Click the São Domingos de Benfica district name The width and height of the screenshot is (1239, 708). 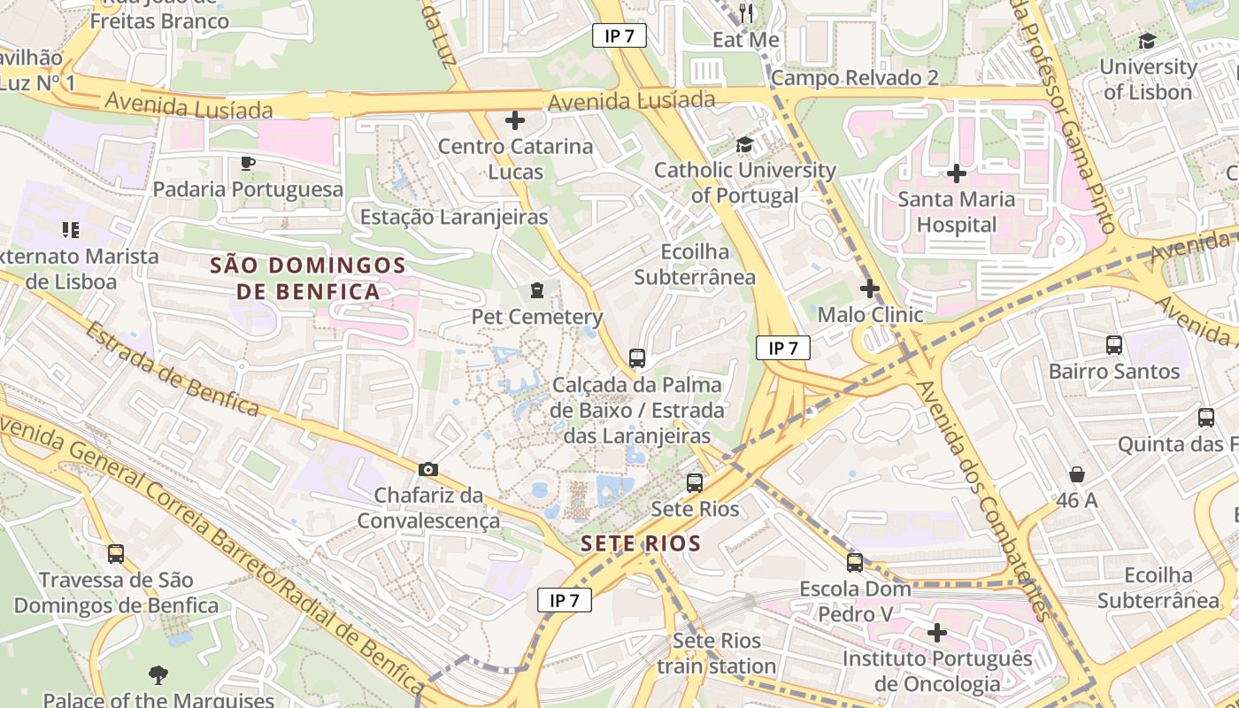tap(307, 278)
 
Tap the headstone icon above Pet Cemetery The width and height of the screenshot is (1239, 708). tap(536, 290)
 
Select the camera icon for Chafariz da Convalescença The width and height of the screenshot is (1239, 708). tap(428, 469)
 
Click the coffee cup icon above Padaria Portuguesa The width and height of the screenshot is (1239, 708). tap(248, 163)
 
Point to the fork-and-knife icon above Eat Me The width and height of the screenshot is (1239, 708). tap(746, 12)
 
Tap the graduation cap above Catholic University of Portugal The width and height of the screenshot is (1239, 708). tap(744, 144)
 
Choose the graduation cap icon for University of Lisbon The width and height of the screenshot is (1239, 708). tap(1147, 41)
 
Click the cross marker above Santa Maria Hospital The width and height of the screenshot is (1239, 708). tap(956, 173)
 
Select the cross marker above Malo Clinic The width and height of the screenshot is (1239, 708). tap(870, 289)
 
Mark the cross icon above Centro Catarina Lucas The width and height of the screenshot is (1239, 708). tap(515, 120)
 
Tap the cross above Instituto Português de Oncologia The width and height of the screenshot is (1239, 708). tap(937, 633)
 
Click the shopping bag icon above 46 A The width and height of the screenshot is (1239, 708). tap(1076, 474)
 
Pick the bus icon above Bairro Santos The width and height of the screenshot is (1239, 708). tap(1113, 345)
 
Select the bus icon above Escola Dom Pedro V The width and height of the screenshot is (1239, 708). tap(854, 563)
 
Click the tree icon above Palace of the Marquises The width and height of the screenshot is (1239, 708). tap(158, 675)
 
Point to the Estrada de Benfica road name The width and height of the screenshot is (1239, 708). tap(173, 367)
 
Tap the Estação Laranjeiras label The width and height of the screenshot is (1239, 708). tap(454, 217)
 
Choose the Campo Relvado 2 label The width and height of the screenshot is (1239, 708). tap(854, 78)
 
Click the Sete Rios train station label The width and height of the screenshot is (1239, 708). tap(717, 653)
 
